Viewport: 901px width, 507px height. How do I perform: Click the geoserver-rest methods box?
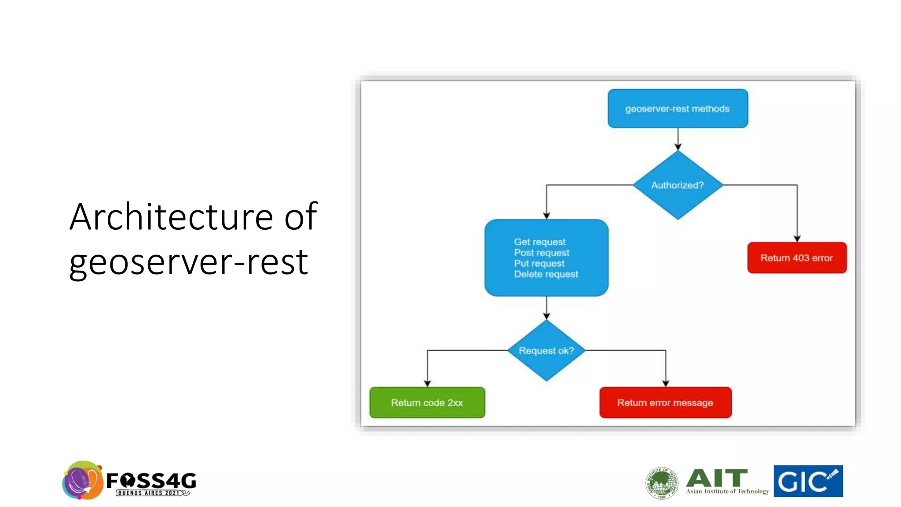point(678,109)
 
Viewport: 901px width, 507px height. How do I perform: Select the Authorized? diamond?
point(678,185)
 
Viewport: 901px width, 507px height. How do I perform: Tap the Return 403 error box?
point(797,258)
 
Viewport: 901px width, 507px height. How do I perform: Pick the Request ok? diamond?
point(546,351)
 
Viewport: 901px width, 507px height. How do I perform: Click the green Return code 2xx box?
point(427,403)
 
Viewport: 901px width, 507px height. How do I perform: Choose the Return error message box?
point(665,403)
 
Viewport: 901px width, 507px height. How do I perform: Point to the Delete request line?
point(546,274)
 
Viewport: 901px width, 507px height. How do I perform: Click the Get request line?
point(540,242)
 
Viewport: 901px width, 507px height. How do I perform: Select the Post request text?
point(542,253)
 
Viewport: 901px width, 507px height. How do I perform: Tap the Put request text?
point(539,264)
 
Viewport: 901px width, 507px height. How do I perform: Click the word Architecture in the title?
point(172,217)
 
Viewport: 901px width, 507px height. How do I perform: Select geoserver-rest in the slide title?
point(188,262)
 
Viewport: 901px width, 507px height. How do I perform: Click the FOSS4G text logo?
point(151,481)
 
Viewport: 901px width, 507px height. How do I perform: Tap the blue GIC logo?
point(808,481)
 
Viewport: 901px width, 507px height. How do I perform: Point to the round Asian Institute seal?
point(662,483)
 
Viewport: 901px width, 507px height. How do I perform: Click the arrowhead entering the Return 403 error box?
point(797,239)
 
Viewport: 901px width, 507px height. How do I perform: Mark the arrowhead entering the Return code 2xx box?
point(427,383)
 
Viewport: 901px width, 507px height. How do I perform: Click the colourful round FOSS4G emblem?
point(83,481)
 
